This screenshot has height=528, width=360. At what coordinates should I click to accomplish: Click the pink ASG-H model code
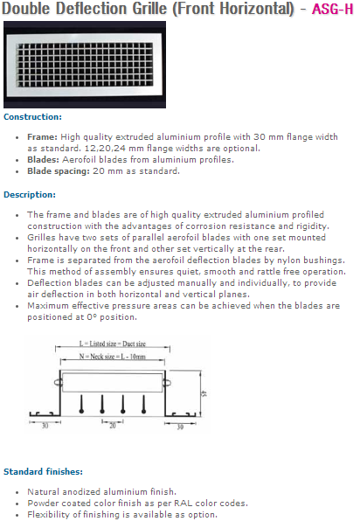(333, 9)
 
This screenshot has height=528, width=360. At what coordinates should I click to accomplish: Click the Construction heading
(32, 117)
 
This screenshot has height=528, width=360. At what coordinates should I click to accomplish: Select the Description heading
(30, 195)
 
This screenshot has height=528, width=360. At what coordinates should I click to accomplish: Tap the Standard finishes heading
(43, 471)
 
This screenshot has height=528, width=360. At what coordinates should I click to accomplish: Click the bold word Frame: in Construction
(43, 137)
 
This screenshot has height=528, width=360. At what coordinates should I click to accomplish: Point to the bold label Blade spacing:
(59, 171)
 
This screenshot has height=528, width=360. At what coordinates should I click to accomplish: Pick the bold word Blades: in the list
(43, 160)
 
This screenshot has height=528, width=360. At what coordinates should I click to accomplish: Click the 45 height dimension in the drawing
(204, 393)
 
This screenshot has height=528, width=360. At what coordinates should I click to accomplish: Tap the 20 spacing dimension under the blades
(113, 426)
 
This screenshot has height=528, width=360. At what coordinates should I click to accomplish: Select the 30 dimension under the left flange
(45, 426)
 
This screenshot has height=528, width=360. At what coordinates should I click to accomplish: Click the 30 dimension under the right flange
(180, 427)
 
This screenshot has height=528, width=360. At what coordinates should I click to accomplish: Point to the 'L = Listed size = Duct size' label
(113, 344)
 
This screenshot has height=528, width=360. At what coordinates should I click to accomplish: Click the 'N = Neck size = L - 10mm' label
(113, 357)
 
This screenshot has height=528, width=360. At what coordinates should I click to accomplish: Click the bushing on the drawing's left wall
(58, 383)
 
